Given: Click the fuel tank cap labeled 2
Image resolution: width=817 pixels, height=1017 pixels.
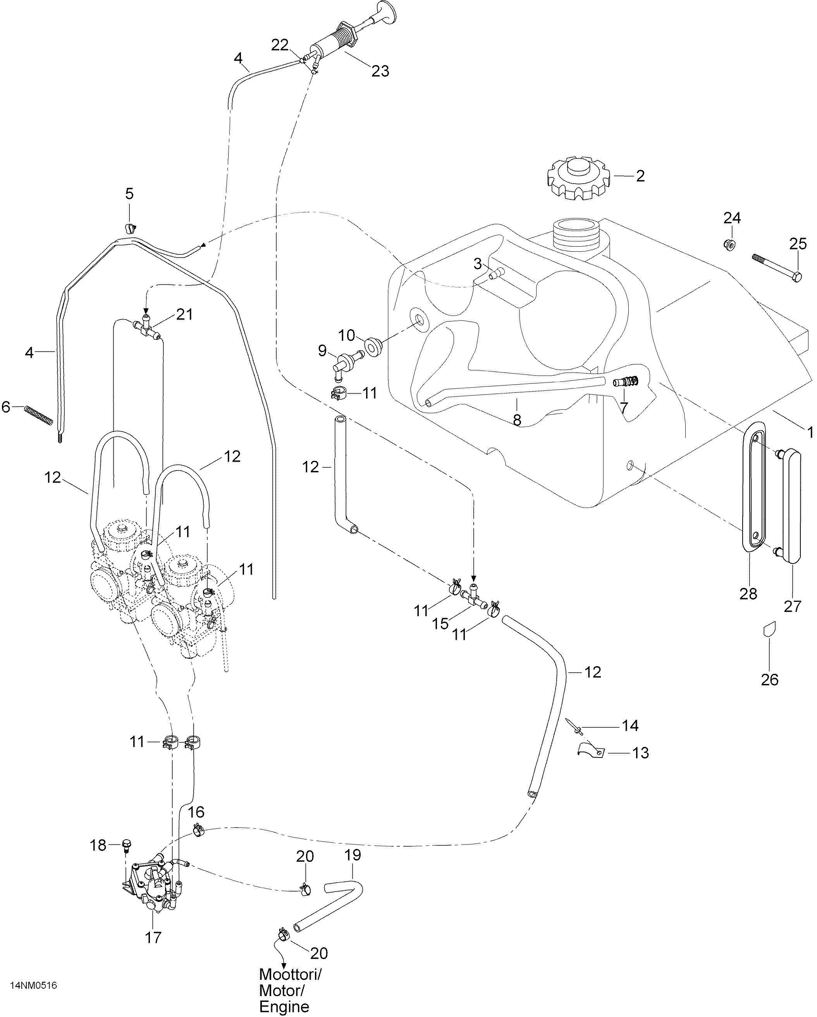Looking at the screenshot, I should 578,178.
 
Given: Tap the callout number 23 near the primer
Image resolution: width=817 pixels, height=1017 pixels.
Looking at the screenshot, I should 380,71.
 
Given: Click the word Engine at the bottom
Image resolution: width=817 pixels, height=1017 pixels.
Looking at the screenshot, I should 284,1006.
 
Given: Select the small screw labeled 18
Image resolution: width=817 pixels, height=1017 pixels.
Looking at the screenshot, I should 126,846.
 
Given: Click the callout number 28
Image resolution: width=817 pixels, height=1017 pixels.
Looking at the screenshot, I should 748,593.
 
